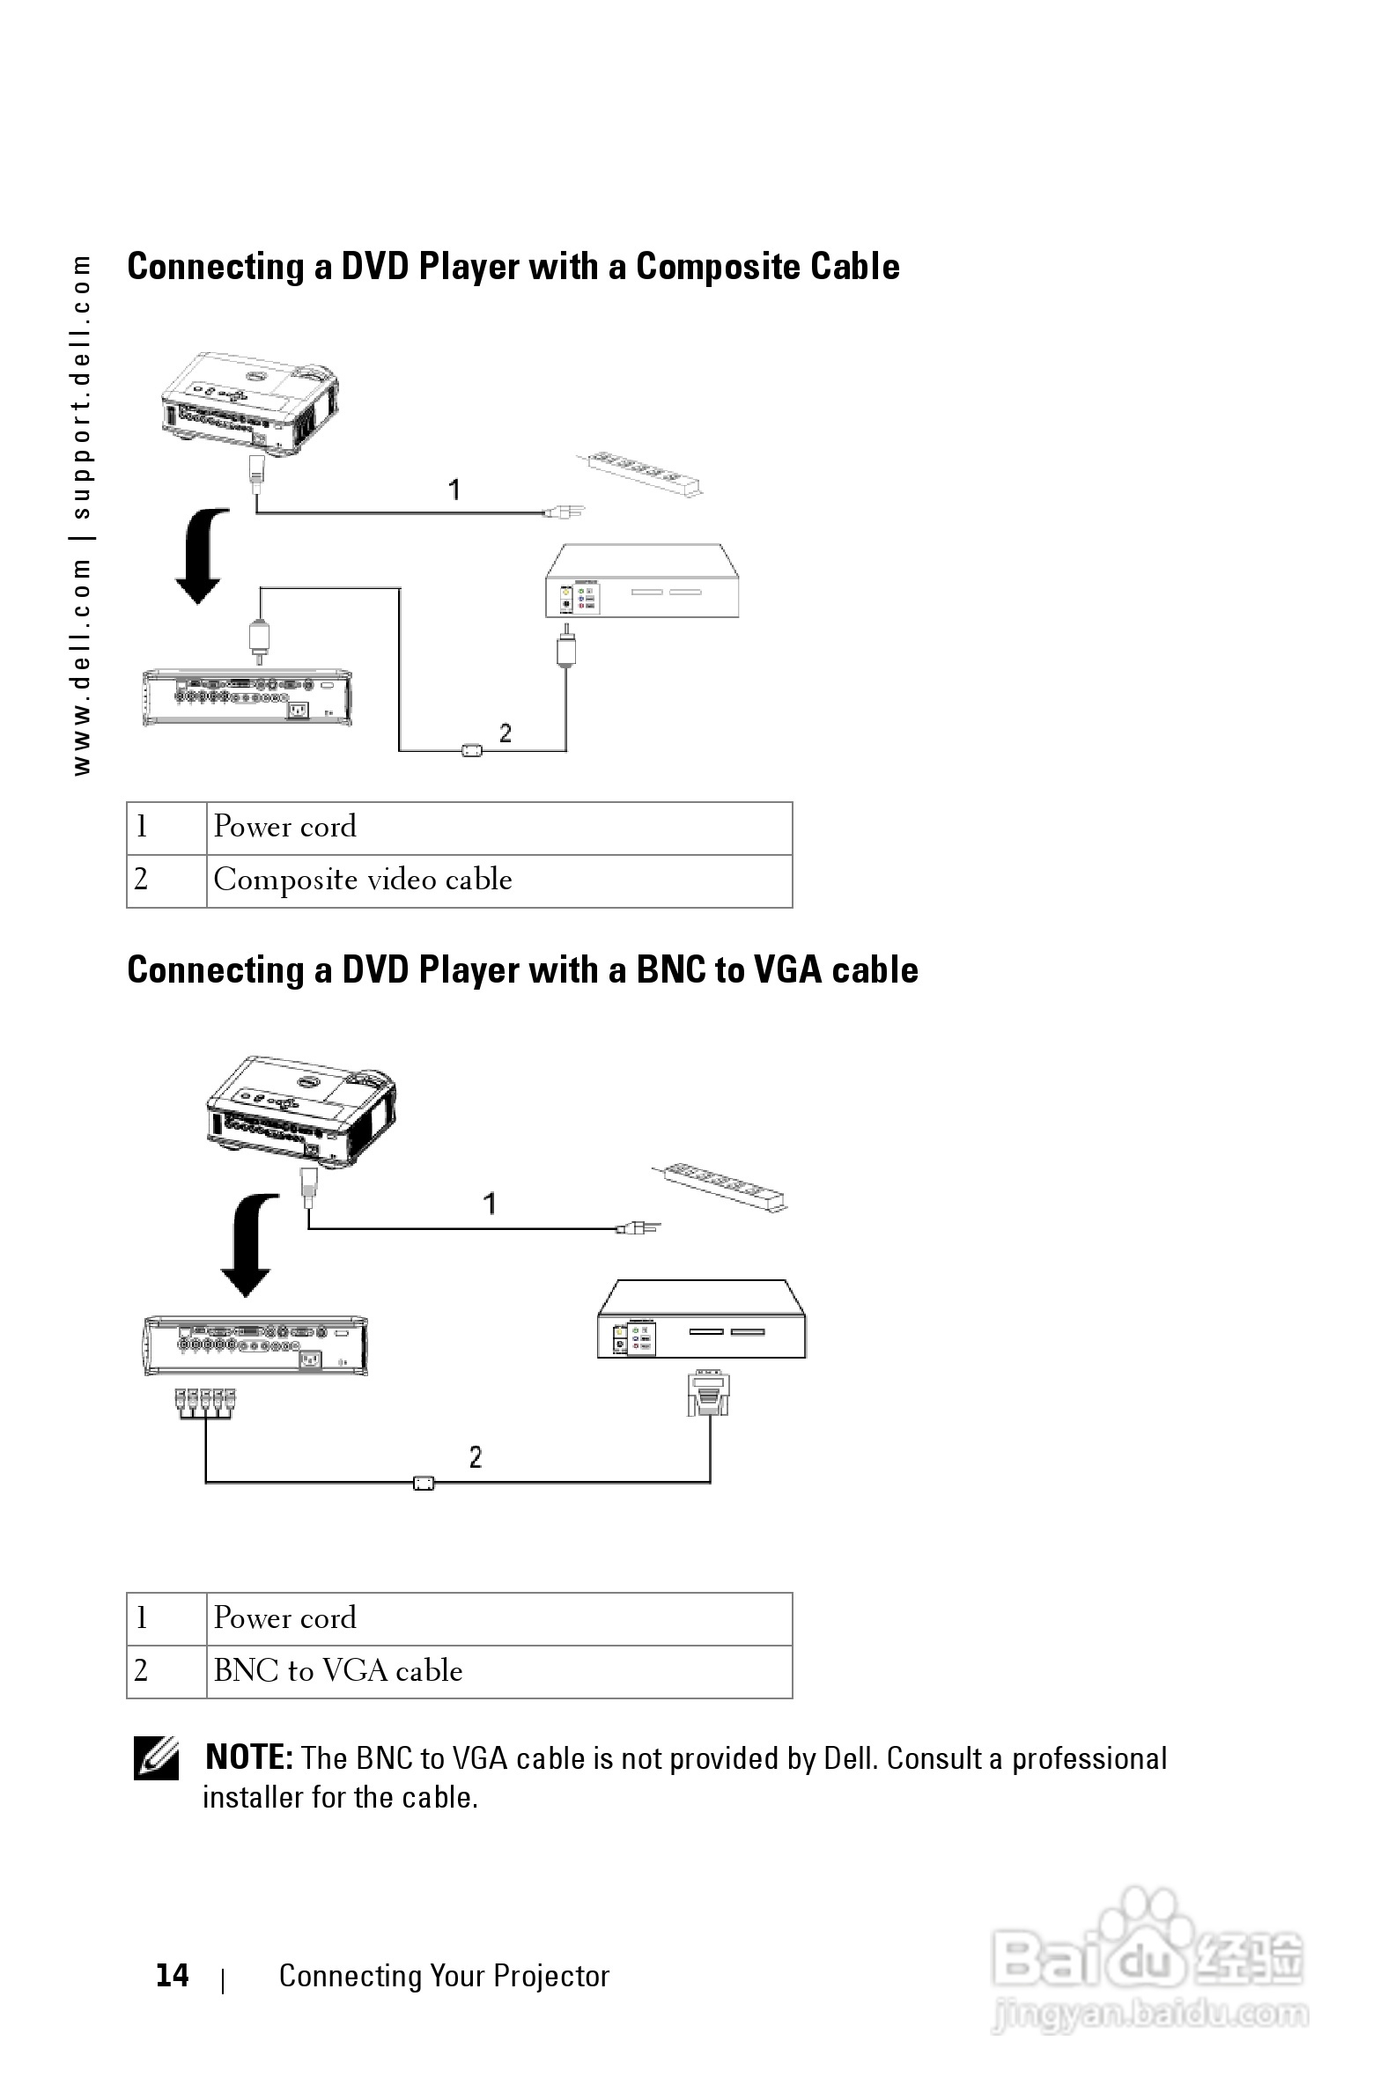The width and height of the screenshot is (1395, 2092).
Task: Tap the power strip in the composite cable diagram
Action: coord(639,472)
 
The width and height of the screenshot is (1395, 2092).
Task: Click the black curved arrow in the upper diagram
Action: coord(203,555)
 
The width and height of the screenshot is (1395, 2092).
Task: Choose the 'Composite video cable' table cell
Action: coord(498,880)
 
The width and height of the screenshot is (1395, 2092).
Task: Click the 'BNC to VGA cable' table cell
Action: coord(498,1671)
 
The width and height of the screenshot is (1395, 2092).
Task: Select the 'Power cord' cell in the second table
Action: coord(498,1618)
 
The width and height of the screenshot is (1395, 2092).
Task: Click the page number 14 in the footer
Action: coord(172,1976)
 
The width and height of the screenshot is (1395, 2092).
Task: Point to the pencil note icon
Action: coord(156,1757)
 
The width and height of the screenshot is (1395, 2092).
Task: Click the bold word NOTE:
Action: coord(248,1757)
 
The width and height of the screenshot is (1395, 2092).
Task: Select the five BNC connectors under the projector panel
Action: coord(205,1403)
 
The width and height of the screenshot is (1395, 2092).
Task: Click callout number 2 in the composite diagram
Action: coord(506,733)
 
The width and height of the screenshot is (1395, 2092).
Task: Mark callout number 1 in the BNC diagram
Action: coord(490,1204)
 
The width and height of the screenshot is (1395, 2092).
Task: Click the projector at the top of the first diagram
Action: coord(250,405)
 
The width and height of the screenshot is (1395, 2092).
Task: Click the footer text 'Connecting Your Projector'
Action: coord(444,1976)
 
